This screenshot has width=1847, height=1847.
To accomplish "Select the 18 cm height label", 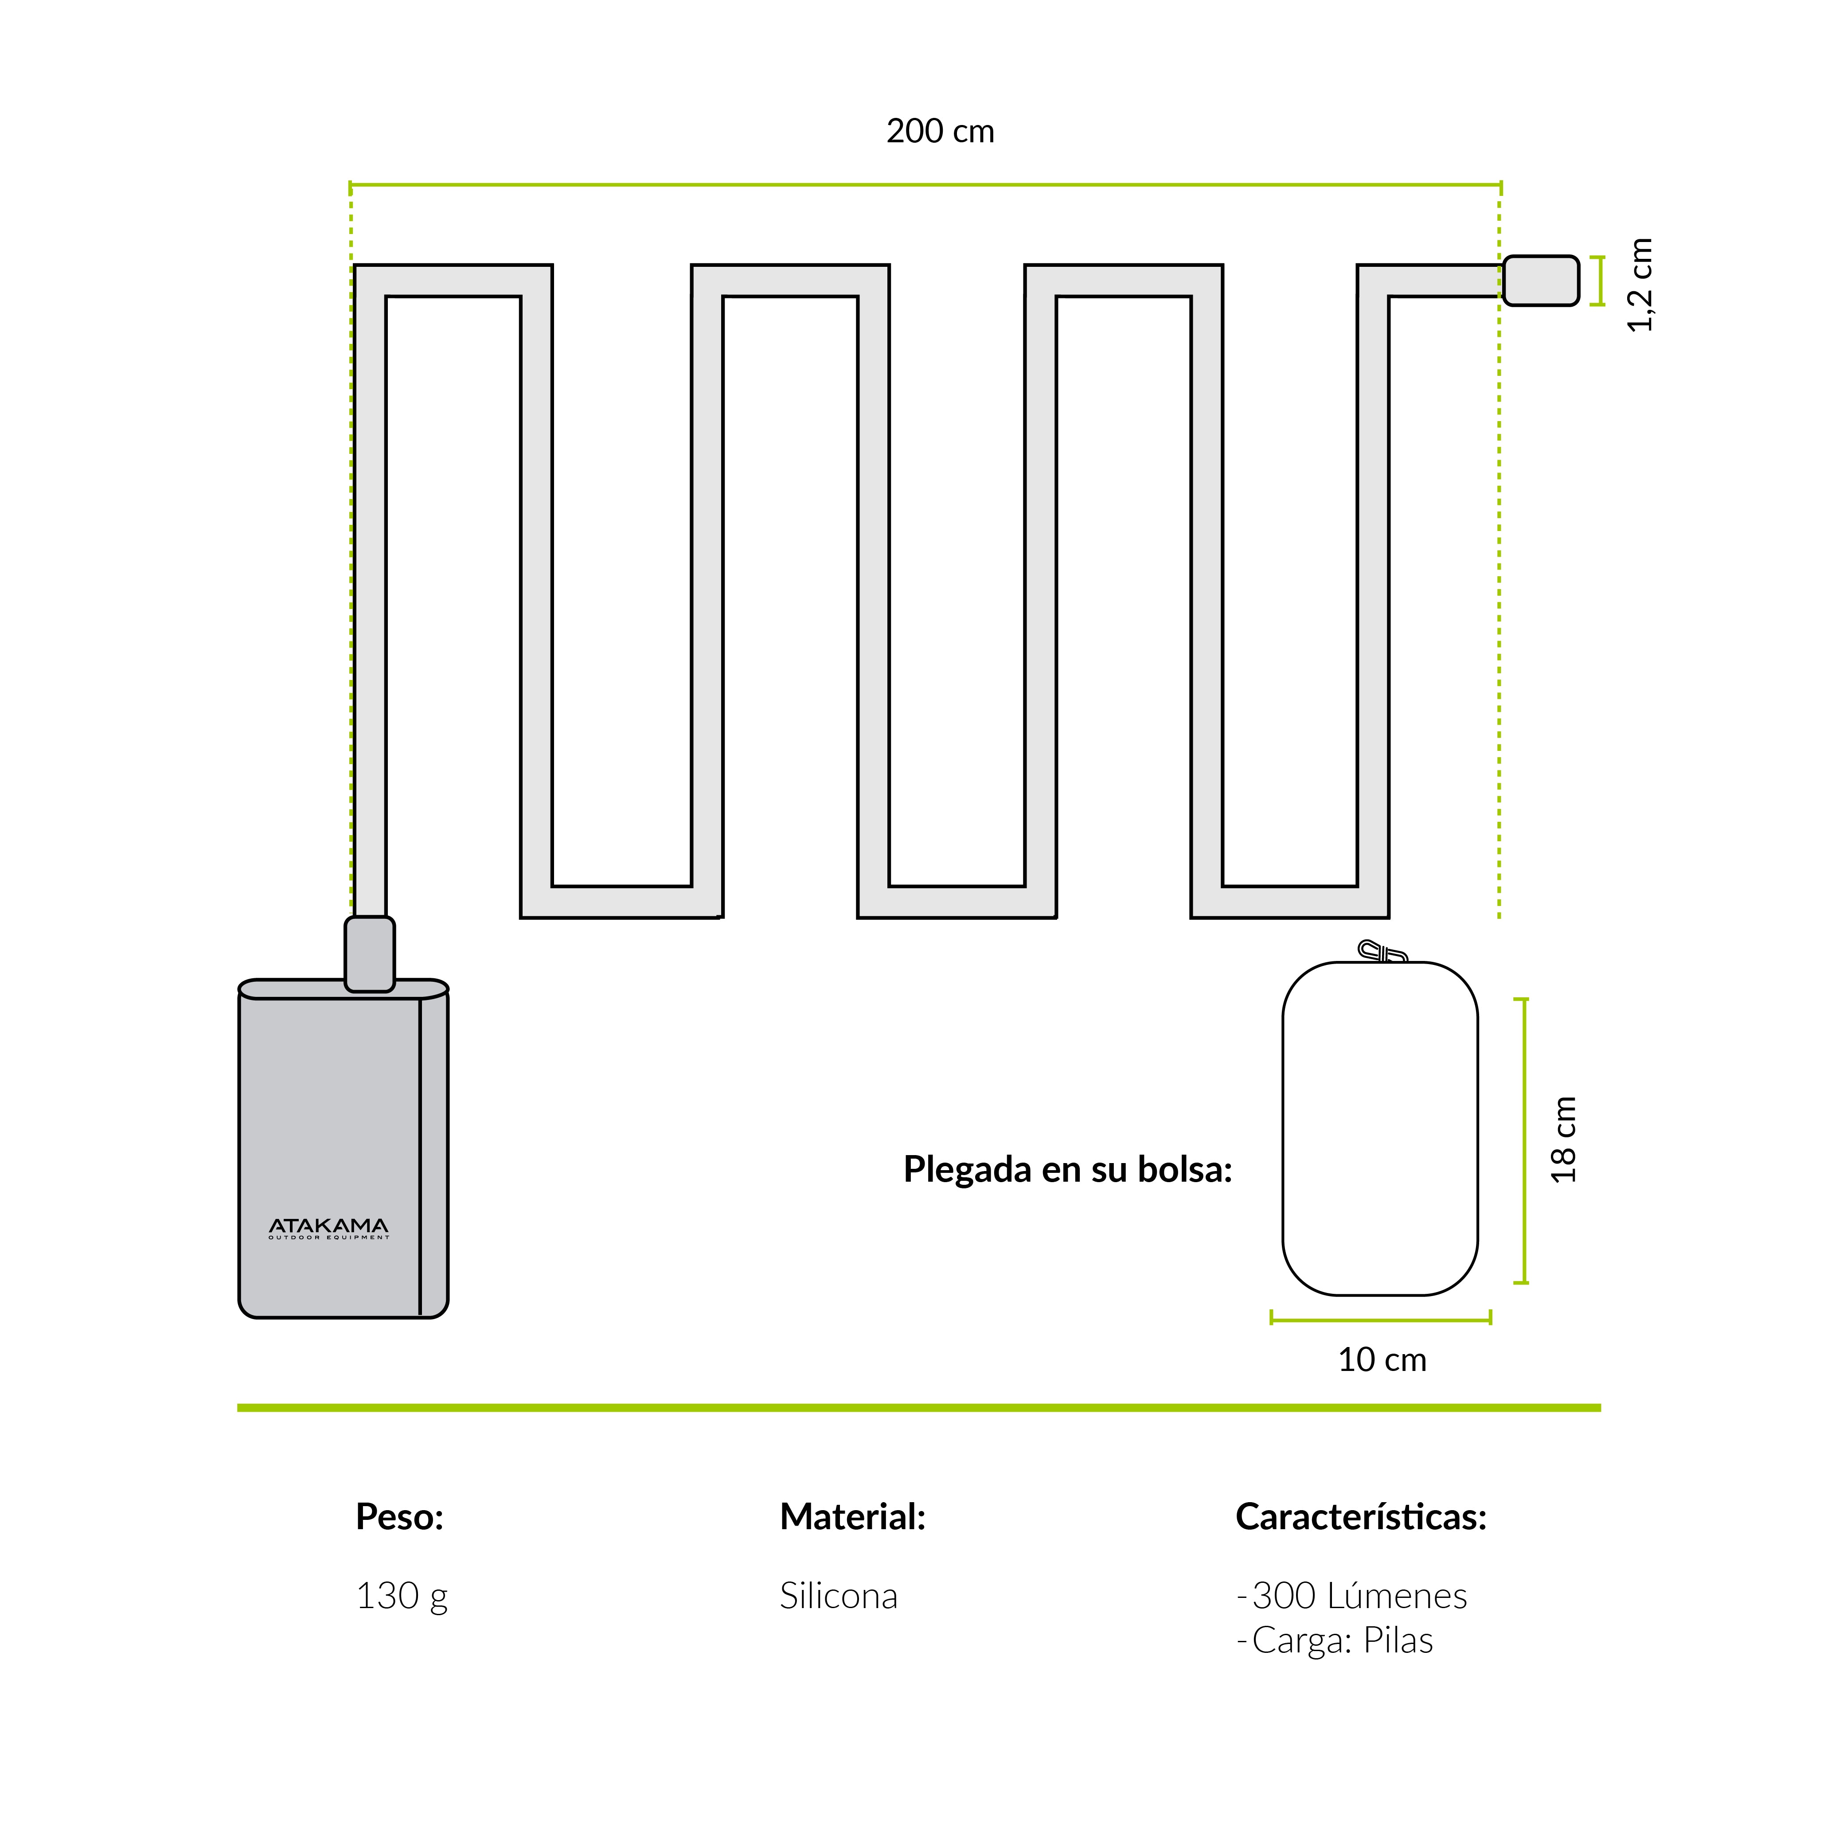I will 1563,1140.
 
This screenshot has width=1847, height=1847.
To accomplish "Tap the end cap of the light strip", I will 1540,281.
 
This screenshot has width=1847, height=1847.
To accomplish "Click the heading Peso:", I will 400,1516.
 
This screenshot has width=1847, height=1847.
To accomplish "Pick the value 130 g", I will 402,1596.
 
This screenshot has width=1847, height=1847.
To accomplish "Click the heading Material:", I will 853,1516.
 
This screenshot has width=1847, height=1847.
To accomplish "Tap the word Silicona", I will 839,1596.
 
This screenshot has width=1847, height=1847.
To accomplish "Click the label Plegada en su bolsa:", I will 1068,1169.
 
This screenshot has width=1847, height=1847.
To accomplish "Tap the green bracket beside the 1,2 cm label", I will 1597,281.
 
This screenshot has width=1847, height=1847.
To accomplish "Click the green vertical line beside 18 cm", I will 1524,1140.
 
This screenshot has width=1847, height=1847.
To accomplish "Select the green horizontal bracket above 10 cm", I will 1380,1320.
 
